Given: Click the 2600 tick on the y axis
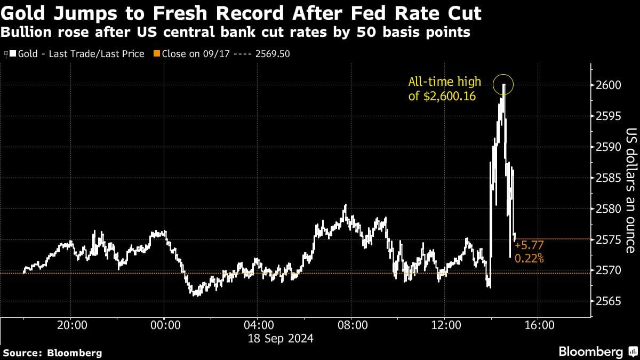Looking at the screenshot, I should [x=607, y=85].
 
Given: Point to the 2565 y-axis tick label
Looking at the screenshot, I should [x=607, y=301].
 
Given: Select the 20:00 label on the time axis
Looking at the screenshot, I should [x=71, y=325].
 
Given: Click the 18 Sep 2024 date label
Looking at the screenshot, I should [x=279, y=338].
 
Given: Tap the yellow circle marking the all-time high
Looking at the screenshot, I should [x=503, y=84].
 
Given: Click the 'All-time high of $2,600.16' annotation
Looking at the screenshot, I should [x=444, y=89].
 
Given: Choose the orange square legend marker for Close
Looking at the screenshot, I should [x=156, y=54].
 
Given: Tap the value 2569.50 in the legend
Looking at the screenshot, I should [x=272, y=54].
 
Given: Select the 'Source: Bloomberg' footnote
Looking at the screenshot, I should [x=52, y=353].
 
